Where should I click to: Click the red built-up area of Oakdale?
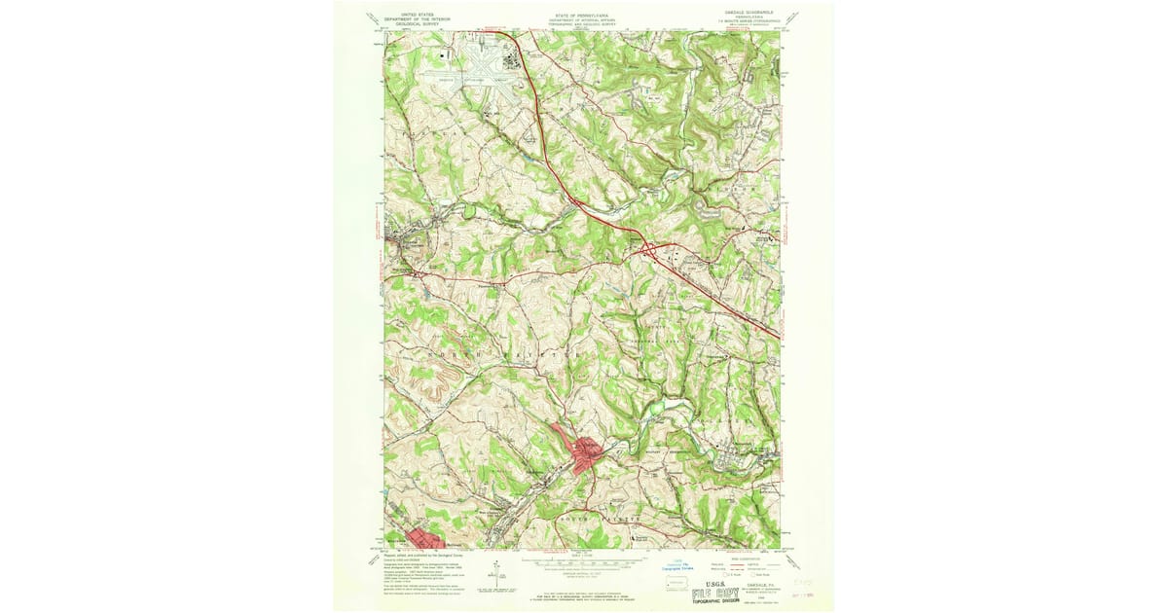pos(586,454)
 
